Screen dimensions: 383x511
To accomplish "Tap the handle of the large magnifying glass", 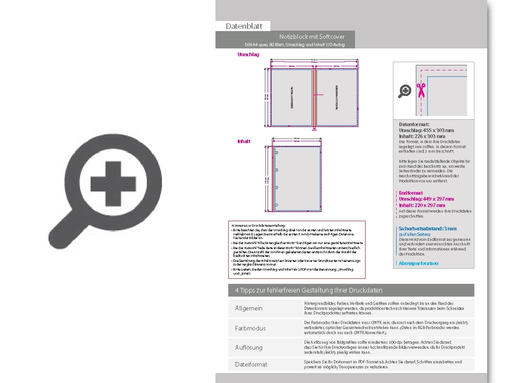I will (x=62, y=227).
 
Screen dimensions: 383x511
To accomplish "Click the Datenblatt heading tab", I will (x=244, y=27).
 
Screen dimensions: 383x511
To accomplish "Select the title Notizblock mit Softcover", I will (x=312, y=37).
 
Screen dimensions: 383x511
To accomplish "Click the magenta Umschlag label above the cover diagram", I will (x=248, y=54).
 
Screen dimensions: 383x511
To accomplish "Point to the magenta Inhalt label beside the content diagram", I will (x=244, y=141).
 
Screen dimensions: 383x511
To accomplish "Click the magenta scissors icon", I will (x=421, y=90).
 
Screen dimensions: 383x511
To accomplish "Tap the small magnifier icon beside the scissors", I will (x=405, y=91).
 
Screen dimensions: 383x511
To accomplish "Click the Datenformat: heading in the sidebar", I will (x=414, y=124).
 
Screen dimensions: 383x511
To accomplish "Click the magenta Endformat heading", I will (x=411, y=193).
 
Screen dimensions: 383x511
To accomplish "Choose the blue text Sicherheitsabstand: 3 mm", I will (x=428, y=229).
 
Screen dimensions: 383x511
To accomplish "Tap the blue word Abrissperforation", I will (x=419, y=263).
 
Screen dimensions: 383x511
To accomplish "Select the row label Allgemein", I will (x=249, y=309).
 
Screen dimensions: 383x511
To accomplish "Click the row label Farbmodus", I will (x=250, y=328).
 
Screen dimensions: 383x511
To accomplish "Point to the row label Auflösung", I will (x=249, y=347).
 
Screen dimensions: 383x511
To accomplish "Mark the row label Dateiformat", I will (x=251, y=364).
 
